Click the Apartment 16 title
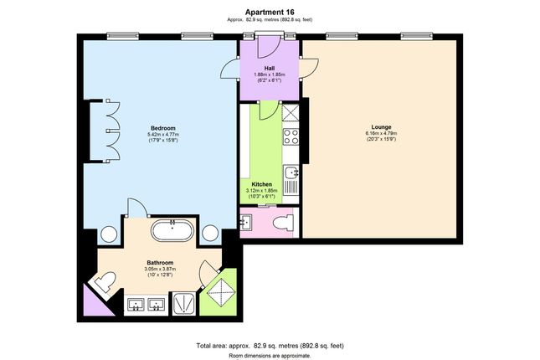coord(270,12)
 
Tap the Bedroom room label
coord(163,128)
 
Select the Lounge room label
coord(381,126)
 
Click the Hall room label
coord(270,68)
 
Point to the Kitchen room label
coord(261,184)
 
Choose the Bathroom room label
coord(160,263)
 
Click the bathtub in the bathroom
coord(172,230)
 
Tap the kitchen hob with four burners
coord(291,136)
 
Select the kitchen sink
coord(291,172)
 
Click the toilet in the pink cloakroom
coord(284,222)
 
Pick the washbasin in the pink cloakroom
coord(246,222)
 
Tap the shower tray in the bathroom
coord(184,303)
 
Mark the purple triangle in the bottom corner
coord(94,303)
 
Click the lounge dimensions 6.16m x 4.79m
coord(381,133)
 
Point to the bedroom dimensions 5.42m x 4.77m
coord(163,134)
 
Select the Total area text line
coord(270,346)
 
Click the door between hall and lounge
coord(309,68)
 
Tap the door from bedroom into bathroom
coord(137,208)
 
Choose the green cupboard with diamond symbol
coord(220,292)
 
